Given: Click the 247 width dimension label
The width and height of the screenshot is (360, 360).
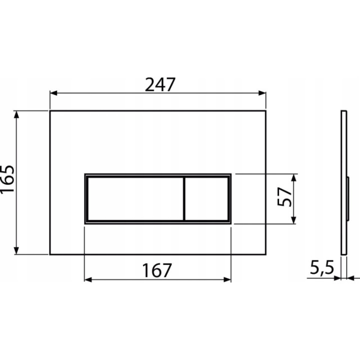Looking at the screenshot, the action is [x=160, y=84].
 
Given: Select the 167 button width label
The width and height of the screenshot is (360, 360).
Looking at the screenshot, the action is [x=157, y=270].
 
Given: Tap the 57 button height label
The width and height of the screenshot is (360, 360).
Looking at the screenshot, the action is [x=284, y=197].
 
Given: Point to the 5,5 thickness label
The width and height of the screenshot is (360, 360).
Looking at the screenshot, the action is [x=321, y=267].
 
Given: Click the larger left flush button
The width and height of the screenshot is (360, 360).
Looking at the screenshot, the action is [x=135, y=199].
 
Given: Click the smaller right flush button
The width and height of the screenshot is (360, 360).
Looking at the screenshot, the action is [x=206, y=199].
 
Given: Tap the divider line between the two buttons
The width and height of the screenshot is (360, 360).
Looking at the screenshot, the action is [x=184, y=199].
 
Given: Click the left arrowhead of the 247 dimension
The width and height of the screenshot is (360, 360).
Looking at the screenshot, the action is [x=53, y=93].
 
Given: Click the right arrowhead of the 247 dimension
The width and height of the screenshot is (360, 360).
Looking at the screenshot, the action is [x=262, y=93].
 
